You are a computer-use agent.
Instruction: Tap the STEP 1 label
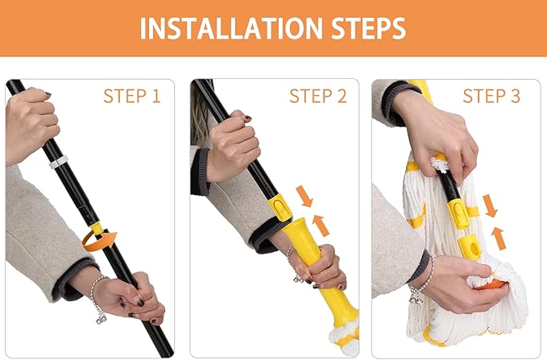(x=131, y=97)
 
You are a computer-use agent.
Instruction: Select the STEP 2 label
(x=317, y=97)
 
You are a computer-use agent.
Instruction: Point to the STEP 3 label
(x=491, y=97)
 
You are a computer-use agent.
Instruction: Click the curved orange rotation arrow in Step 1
(x=101, y=239)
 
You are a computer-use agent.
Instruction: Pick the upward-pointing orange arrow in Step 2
(x=321, y=225)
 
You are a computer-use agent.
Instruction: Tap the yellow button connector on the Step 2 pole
(x=279, y=209)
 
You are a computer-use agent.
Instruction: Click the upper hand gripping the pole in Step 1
(x=31, y=121)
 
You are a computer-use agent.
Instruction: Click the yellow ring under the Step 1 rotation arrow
(x=97, y=229)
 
